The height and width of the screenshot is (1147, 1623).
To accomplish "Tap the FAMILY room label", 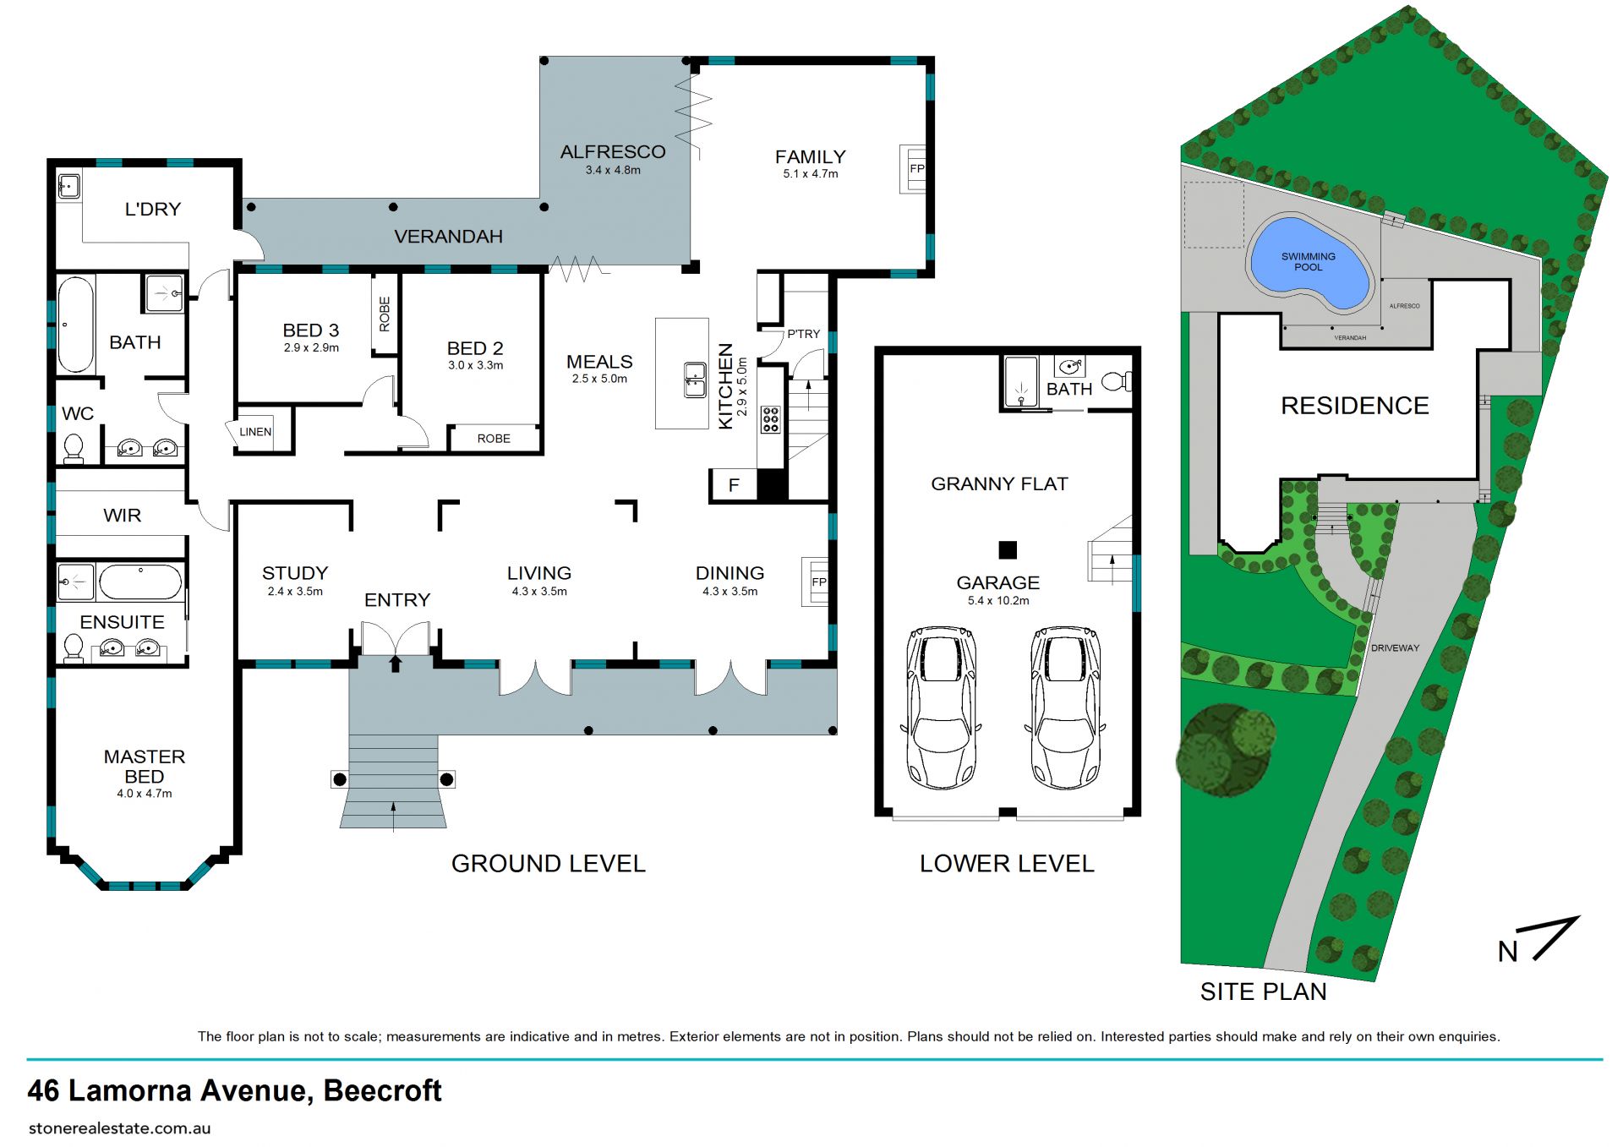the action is [810, 157].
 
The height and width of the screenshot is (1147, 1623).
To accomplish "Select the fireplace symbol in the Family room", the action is [913, 168].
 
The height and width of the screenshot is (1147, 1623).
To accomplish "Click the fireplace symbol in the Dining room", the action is [816, 582].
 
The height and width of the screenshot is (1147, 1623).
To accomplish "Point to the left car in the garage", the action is [941, 707].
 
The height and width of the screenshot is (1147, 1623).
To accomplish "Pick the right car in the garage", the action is [1064, 707].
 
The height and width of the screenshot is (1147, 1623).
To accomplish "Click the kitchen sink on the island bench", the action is [695, 380].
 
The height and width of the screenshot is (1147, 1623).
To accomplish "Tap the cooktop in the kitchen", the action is [770, 419].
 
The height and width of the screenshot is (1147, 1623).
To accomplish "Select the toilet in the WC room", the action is [74, 448].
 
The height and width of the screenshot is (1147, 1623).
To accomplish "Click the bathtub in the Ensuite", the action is [140, 582].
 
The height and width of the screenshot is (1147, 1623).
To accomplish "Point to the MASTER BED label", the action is [145, 767].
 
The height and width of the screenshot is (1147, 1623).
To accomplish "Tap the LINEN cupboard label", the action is [255, 432].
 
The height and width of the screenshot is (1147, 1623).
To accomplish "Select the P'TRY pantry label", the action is [803, 334].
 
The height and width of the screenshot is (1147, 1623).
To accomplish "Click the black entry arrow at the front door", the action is [395, 664].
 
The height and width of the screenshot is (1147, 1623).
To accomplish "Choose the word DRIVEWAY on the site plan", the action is [1395, 648].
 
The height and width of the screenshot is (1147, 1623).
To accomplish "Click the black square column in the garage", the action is [1007, 550].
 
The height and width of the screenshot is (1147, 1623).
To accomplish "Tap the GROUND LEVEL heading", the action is [548, 864].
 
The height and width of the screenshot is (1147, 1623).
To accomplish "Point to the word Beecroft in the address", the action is [382, 1090].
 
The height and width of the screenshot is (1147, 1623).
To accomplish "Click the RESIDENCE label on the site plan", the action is [1354, 406].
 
